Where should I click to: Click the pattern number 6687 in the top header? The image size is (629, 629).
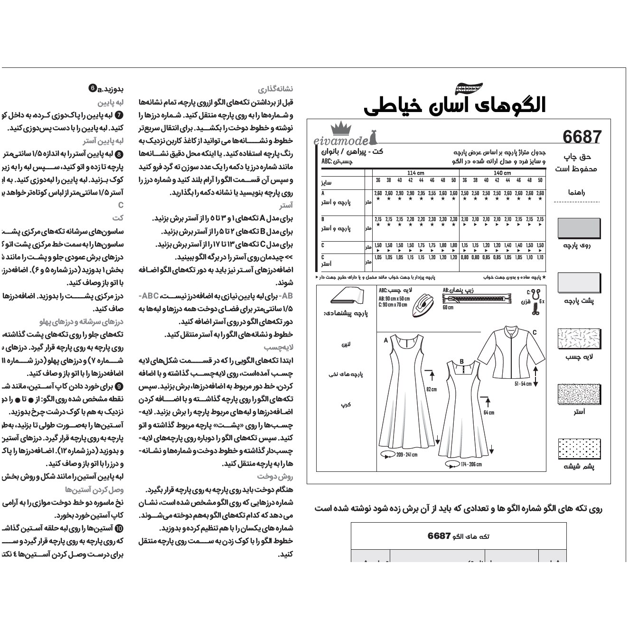582,137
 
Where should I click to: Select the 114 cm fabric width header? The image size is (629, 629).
415,173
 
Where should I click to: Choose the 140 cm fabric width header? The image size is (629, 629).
502,173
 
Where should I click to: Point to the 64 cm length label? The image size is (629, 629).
488,413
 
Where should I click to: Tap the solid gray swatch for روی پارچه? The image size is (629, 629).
579,228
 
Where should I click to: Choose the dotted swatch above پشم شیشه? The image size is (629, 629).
579,449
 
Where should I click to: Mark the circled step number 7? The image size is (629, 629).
119,115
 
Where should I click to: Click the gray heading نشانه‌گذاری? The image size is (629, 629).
275,89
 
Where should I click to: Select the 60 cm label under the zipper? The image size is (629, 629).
448,307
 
